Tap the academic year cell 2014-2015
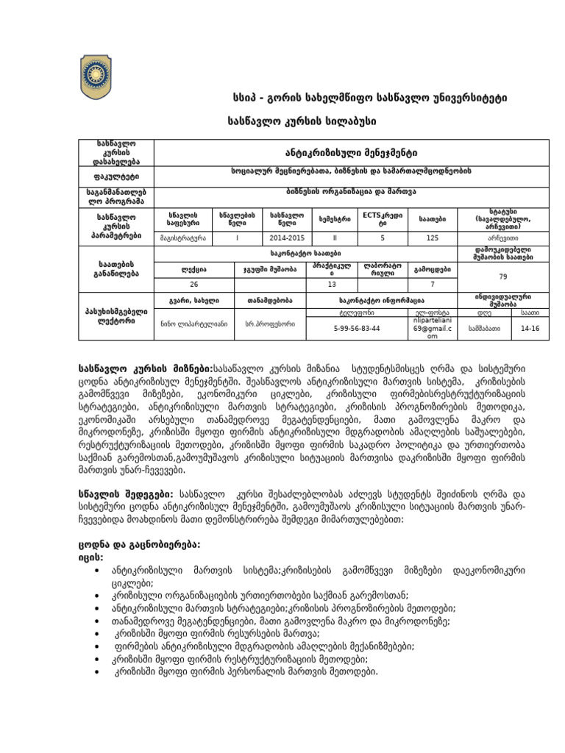point(283,238)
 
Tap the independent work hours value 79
point(502,276)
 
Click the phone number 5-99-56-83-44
point(356,329)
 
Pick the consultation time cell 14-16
point(529,329)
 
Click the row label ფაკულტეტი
point(117,176)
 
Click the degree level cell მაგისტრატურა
point(182,238)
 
